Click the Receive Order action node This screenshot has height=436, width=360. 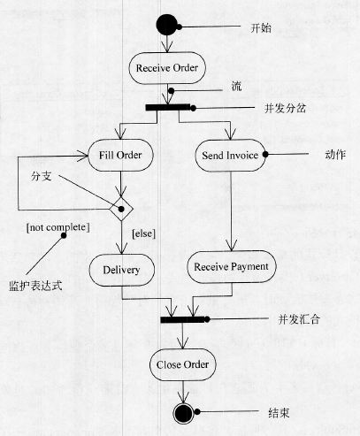click(167, 68)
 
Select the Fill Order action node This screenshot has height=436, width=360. click(120, 155)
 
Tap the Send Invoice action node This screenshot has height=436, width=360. click(230, 156)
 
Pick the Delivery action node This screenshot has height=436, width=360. click(122, 270)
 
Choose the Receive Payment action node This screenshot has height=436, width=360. click(232, 267)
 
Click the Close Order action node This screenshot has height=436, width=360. click(183, 364)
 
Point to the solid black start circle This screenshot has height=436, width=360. click(167, 25)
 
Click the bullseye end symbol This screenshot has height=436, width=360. click(183, 413)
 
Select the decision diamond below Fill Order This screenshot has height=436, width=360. click(121, 209)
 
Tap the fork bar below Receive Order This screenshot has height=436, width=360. click(168, 107)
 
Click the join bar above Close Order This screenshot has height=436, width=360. click(182, 319)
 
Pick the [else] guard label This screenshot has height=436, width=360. click(143, 233)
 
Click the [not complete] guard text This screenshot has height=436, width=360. click(57, 227)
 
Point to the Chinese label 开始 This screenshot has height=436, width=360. click(261, 28)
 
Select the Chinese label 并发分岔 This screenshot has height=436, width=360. click(285, 109)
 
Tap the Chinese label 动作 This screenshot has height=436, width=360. click(335, 155)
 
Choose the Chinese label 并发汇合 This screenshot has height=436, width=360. click(299, 319)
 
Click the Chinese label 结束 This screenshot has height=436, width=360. click(279, 413)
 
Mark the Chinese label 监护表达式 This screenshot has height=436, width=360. click(35, 286)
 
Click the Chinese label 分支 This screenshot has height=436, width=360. click(42, 176)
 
